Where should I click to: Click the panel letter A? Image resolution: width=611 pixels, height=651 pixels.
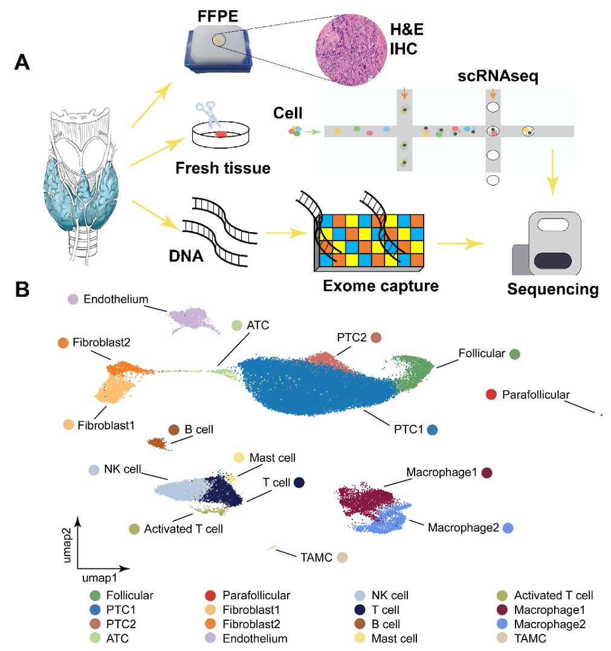(22, 62)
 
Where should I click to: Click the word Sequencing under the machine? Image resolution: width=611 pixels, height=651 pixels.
(552, 288)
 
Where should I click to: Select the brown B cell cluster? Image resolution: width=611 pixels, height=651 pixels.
(158, 443)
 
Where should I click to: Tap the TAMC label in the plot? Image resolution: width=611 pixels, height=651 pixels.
(315, 557)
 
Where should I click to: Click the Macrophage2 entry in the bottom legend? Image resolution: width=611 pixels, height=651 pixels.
(549, 624)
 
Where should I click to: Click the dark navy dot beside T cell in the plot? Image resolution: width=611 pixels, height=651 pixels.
(299, 482)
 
